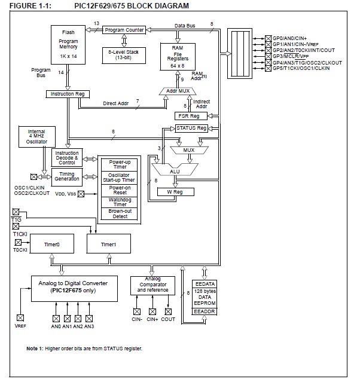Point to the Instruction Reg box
(67, 94)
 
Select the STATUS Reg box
(191, 128)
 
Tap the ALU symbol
(174, 171)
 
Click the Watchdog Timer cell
(120, 201)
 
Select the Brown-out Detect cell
(120, 213)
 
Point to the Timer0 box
(52, 244)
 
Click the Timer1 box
(108, 244)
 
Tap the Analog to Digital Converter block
(73, 286)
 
